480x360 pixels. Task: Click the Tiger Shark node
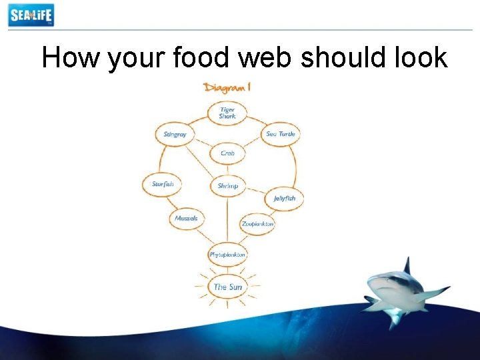227,113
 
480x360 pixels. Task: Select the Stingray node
175,134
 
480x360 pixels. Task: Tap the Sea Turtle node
280,134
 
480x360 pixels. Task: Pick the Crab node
227,153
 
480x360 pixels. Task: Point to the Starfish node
162,184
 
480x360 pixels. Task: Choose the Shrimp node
227,186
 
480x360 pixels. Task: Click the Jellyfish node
284,199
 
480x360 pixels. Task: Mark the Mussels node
186,219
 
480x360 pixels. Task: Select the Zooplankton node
257,224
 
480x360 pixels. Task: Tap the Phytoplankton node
227,255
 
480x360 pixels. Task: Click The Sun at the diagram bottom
227,287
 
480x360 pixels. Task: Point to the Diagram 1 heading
227,87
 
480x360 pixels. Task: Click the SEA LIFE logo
31,15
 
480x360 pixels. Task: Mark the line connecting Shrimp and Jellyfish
257,193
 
